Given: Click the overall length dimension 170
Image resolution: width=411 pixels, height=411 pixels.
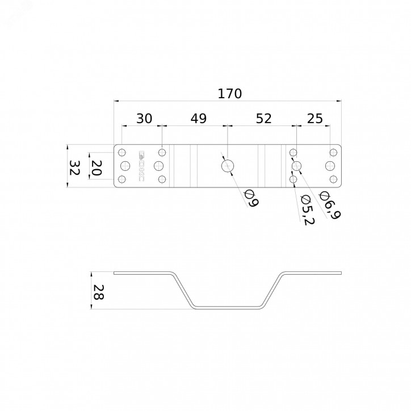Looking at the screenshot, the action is click(x=229, y=94).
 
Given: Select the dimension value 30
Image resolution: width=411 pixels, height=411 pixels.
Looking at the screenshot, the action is click(x=144, y=119).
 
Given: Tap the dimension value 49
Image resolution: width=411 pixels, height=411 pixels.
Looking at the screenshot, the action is click(x=199, y=119).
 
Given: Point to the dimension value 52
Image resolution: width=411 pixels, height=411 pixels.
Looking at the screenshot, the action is click(x=264, y=119).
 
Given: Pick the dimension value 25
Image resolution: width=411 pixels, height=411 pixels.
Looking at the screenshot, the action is click(x=315, y=119).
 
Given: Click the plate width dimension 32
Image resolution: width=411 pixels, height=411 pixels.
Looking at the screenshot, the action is click(x=74, y=168).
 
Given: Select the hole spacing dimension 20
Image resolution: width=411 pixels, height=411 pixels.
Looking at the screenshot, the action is click(x=96, y=168).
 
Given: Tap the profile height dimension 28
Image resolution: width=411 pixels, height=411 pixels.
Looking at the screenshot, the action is click(x=98, y=292).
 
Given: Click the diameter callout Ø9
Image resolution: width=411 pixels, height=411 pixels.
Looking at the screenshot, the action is click(x=251, y=199).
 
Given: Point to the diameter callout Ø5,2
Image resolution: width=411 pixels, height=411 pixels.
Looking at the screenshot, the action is click(x=307, y=209).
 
